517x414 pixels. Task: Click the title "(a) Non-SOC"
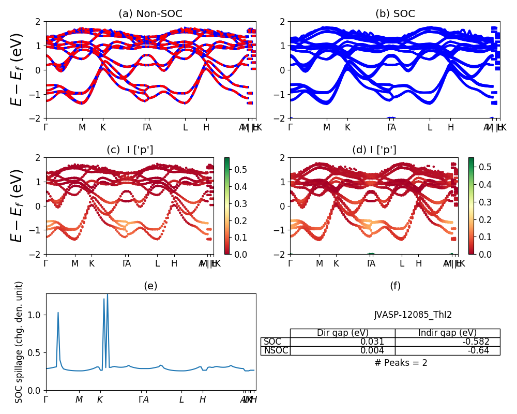(150, 14)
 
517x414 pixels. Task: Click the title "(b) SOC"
(395, 14)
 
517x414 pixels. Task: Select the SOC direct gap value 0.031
(372, 342)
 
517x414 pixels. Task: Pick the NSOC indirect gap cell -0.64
(488, 350)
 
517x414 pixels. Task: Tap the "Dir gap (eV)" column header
(342, 333)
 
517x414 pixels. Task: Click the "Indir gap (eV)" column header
(447, 333)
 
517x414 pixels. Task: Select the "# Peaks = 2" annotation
(401, 363)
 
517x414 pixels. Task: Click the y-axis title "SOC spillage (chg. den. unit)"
(19, 342)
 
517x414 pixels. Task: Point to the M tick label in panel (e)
(79, 400)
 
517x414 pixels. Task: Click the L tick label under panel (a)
(185, 127)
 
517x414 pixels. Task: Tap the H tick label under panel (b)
(451, 127)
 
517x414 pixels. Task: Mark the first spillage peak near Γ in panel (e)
(58, 313)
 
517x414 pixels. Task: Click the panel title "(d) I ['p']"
(374, 150)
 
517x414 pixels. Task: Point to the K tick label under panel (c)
(92, 263)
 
